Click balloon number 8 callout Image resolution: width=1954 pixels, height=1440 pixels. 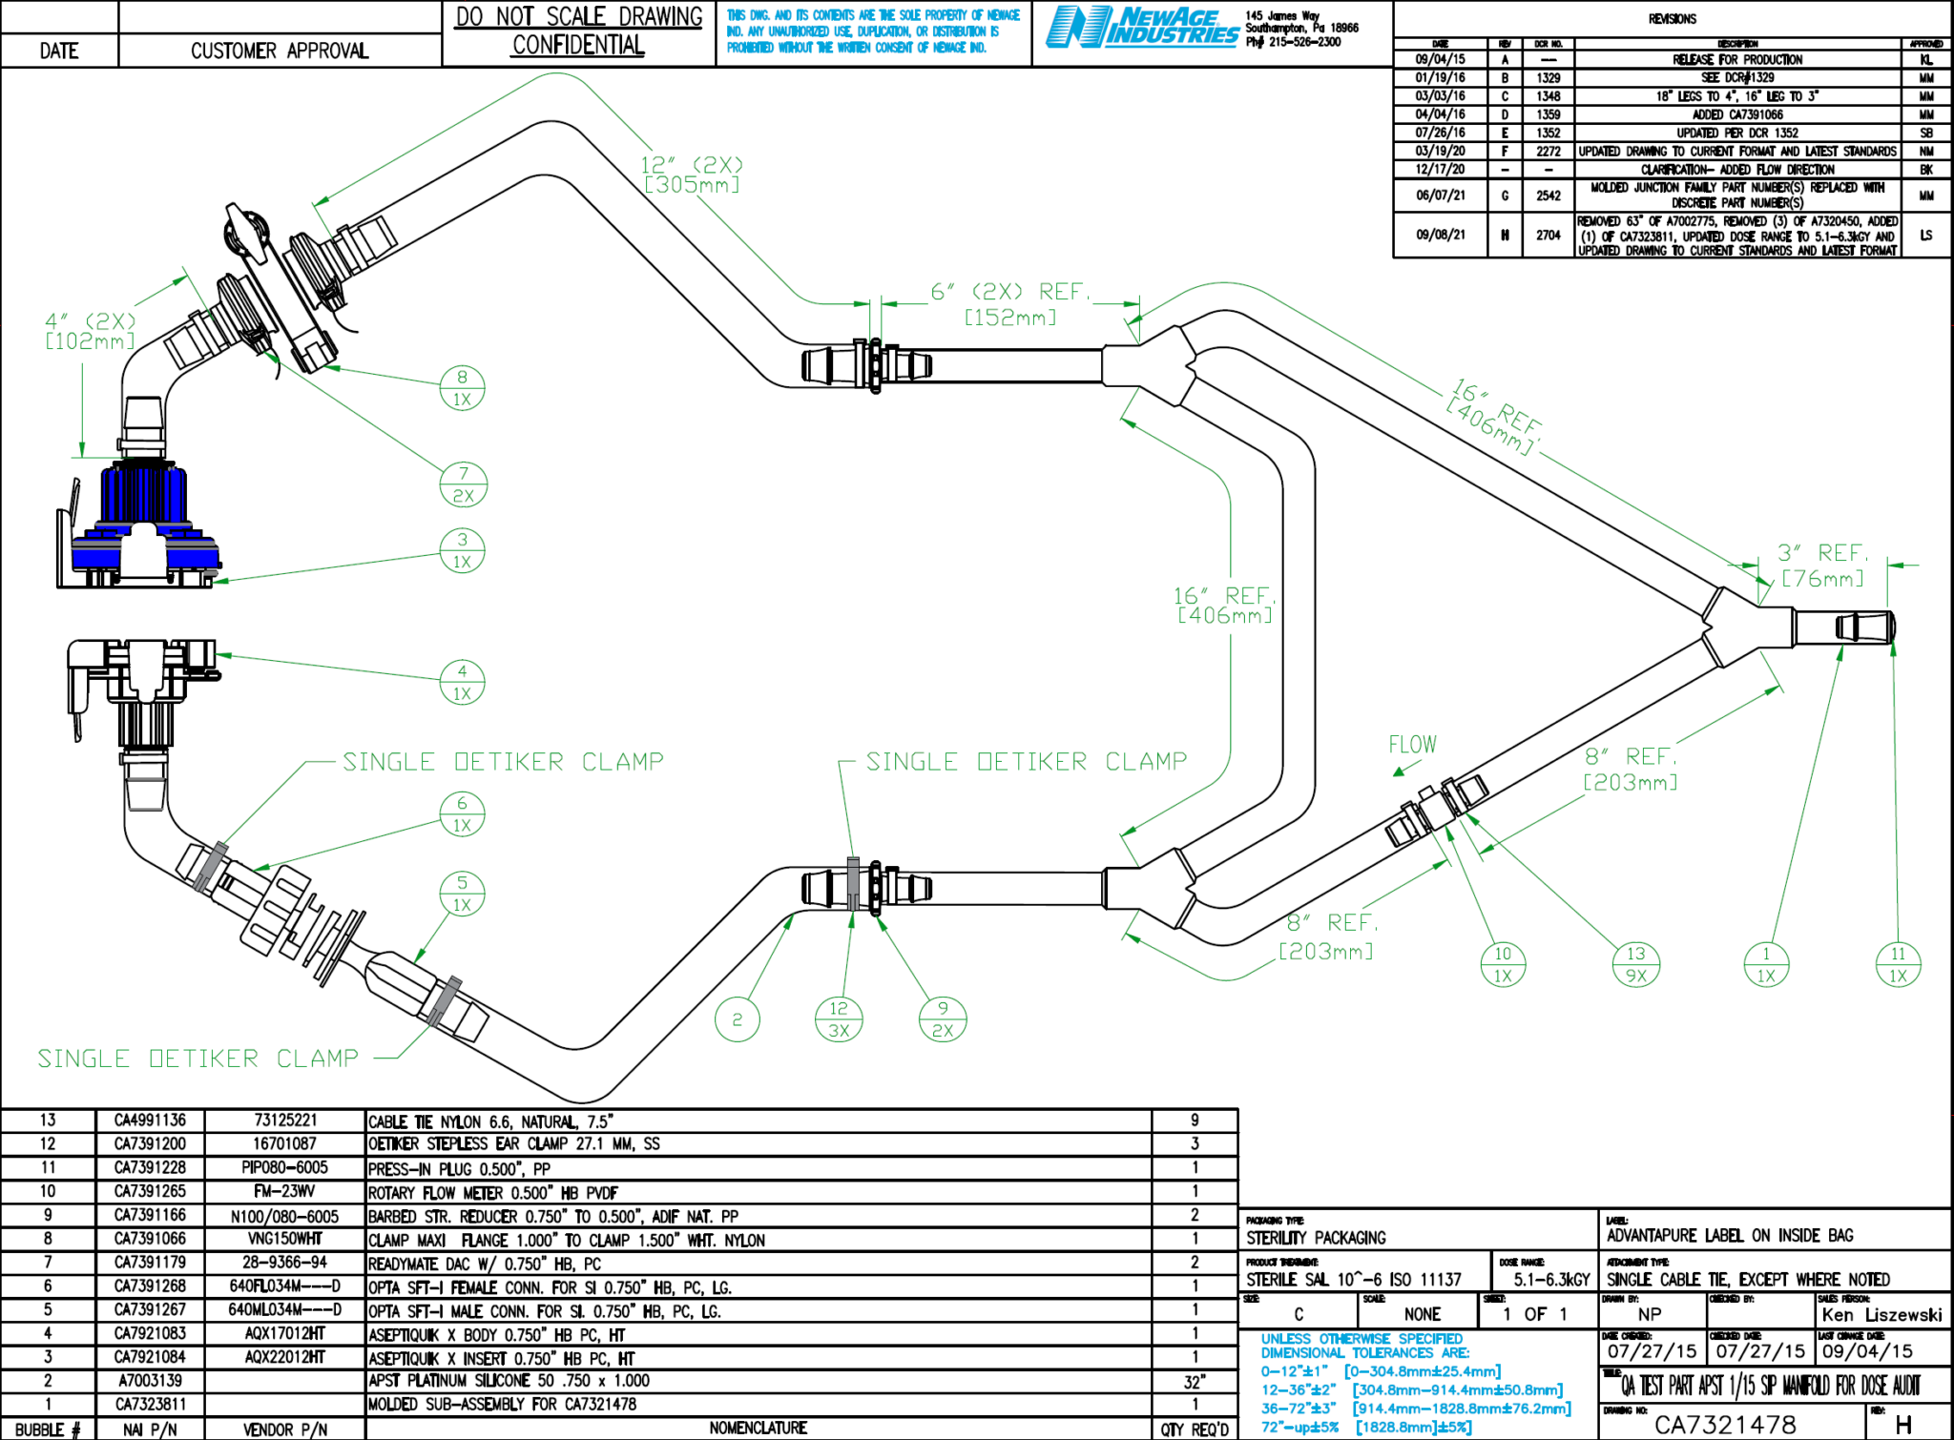click(x=462, y=388)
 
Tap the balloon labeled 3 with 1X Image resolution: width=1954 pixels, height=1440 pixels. click(x=462, y=550)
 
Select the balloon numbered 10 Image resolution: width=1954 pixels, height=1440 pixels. click(x=1503, y=964)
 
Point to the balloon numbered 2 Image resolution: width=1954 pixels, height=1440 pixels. click(x=737, y=1019)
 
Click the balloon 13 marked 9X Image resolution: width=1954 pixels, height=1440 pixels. click(x=1636, y=964)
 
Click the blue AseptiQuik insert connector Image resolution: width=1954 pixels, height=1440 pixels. click(x=143, y=520)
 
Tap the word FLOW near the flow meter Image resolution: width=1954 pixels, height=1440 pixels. click(x=1412, y=745)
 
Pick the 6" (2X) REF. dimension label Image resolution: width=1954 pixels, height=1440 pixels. click(x=1010, y=292)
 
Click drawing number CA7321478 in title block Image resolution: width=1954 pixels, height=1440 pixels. click(x=1725, y=1425)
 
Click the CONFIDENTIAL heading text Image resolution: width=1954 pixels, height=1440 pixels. click(x=578, y=46)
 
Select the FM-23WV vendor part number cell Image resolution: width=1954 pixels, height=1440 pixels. click(x=284, y=1191)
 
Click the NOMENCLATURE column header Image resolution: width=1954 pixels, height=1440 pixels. click(x=758, y=1428)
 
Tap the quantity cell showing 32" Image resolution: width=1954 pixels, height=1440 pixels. click(x=1194, y=1381)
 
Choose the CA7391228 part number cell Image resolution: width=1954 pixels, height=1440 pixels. click(x=150, y=1167)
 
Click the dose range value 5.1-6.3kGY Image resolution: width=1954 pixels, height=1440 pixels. click(x=1551, y=1280)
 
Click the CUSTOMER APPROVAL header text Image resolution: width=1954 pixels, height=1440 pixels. click(x=280, y=51)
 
